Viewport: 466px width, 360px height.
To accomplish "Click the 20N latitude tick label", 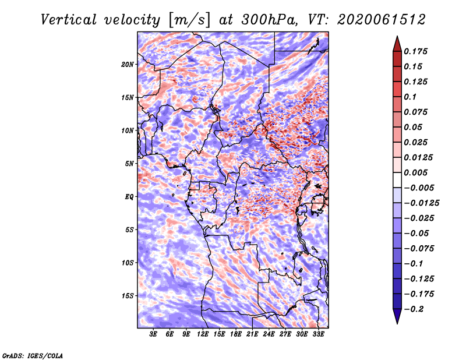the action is tap(128, 65).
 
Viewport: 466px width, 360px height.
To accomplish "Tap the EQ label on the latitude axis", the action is tap(129, 197).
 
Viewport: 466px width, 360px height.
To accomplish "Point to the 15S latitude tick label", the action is tap(128, 296).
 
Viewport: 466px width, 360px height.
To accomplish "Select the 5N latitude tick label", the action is tap(129, 164).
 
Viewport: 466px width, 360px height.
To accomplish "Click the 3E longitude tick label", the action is tap(153, 334).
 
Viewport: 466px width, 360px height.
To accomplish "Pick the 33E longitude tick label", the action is tap(318, 334).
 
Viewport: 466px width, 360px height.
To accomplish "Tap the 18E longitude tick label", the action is tap(236, 334).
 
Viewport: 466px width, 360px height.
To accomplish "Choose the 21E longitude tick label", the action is tap(252, 334).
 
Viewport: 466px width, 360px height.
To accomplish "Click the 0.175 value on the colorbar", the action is tap(415, 51).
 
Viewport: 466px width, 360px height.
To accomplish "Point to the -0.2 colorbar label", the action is tap(414, 309).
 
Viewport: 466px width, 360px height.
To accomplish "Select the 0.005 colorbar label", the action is tap(415, 172).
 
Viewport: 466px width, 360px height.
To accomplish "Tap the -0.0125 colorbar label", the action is tap(421, 203).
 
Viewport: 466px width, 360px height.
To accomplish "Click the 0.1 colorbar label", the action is tap(410, 97).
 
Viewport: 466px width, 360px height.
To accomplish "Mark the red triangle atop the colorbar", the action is tap(397, 44).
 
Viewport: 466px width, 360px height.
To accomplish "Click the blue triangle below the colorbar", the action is tap(397, 316).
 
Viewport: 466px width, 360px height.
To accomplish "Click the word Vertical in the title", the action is tap(69, 20).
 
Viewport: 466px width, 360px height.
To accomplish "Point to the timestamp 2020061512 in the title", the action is tap(382, 20).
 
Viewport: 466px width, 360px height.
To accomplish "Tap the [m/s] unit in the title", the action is tap(190, 20).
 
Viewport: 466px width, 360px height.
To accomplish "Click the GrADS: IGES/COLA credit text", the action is tap(33, 355).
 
